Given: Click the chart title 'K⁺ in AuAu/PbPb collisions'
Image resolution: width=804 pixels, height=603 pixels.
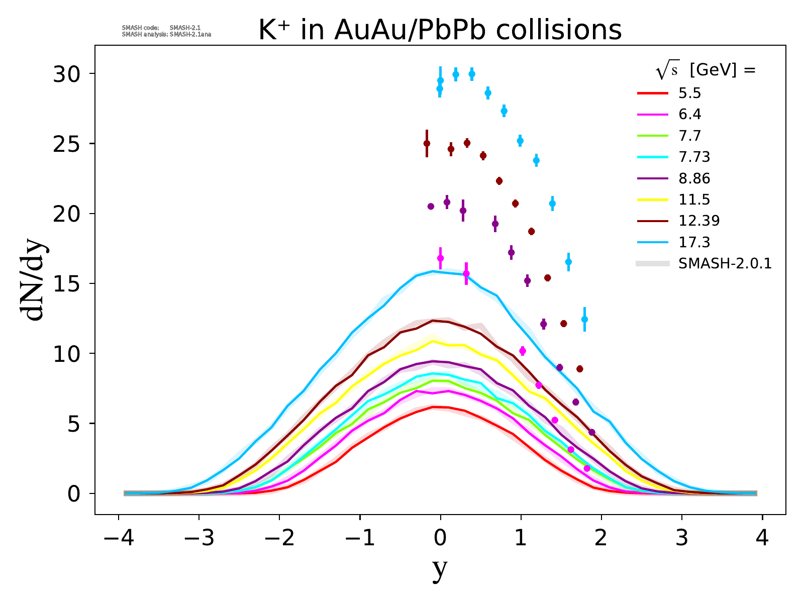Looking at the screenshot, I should coord(440,30).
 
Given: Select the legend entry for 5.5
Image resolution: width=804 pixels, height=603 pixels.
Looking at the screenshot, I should coord(689,93).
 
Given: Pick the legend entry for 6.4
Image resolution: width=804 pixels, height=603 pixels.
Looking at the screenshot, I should coord(689,115).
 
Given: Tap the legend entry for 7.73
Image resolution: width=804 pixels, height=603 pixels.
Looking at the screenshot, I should coord(694,157).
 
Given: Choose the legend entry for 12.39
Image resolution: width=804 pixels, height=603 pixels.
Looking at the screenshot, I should coord(698,221).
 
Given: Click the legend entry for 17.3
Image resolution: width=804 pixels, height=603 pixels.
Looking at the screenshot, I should coord(694,242).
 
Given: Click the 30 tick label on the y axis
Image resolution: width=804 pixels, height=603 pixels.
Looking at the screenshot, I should coord(67,74).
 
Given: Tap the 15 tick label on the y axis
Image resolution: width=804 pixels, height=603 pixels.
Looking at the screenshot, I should coord(67,284).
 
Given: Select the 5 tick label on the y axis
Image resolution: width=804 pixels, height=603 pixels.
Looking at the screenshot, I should coord(74,424).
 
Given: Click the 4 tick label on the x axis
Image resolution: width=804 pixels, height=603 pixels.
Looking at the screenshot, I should coord(762,539).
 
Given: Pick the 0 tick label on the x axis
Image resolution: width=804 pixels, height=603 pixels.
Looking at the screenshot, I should coord(440,539).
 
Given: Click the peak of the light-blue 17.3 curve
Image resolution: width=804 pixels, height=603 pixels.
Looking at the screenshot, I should coord(432,271).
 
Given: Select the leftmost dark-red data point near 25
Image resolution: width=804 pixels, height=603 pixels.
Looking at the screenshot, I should coord(427,143).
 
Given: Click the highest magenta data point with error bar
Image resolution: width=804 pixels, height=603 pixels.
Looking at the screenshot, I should coord(440,258).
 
